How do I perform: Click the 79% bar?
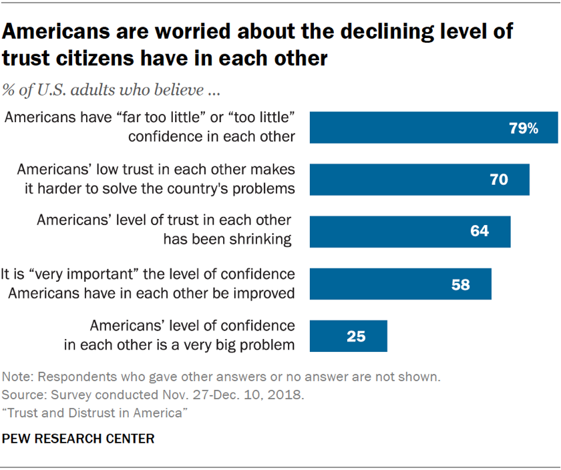pyautogui.click(x=434, y=128)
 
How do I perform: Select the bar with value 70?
pyautogui.click(x=419, y=179)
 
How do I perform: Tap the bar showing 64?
pyautogui.click(x=410, y=232)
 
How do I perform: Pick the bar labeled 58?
pyautogui.click(x=401, y=284)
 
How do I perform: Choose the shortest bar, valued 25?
pyautogui.click(x=349, y=336)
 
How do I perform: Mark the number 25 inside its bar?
pyautogui.click(x=356, y=336)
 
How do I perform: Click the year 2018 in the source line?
pyautogui.click(x=289, y=395)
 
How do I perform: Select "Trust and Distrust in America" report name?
pyautogui.click(x=94, y=413)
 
